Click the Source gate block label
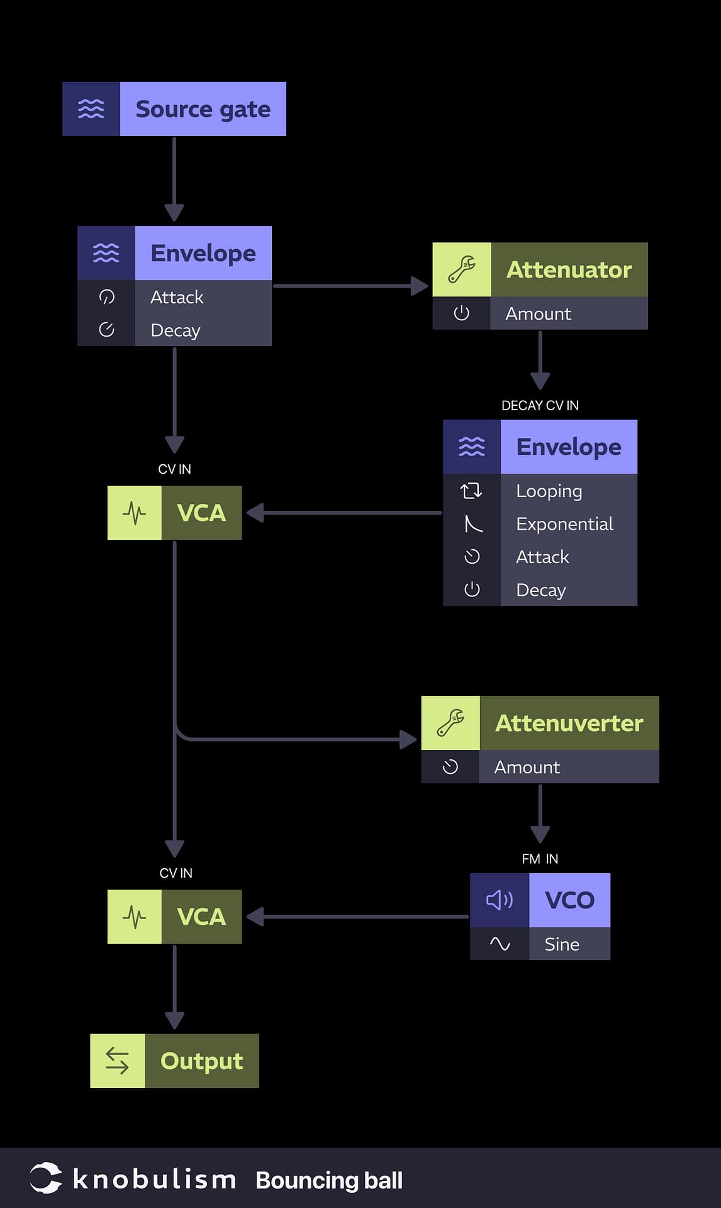pos(203,109)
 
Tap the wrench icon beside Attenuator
pos(461,269)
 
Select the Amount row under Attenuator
pos(539,313)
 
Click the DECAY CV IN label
pos(540,405)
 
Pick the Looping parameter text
pos(549,491)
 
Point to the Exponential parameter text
pos(564,524)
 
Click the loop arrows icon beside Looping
pos(471,491)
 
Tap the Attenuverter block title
pos(569,723)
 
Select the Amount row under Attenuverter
pos(527,767)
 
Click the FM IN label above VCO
pos(540,859)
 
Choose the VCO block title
pos(569,900)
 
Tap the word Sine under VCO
pos(562,944)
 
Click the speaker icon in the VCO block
pos(500,900)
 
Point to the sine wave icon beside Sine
pos(500,944)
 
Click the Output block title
pos(201,1061)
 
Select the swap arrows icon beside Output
pos(117,1061)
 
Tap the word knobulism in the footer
pos(154,1179)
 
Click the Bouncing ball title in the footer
pos(329,1180)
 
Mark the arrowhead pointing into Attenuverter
pos(408,739)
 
